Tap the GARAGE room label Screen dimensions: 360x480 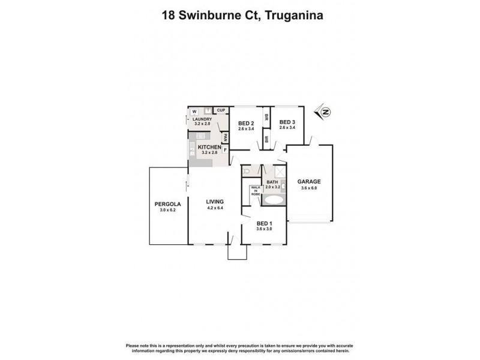pyautogui.click(x=309, y=181)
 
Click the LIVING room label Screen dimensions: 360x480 pyautogui.click(x=214, y=202)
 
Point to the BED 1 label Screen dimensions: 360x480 pyautogui.click(x=264, y=223)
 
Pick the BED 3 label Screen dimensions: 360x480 pyautogui.click(x=287, y=121)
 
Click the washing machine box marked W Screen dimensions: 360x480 pyautogui.click(x=194, y=112)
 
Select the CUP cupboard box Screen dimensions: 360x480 pyautogui.click(x=221, y=110)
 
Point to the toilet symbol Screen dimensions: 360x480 pyautogui.click(x=247, y=172)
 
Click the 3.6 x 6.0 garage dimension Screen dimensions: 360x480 pyautogui.click(x=309, y=188)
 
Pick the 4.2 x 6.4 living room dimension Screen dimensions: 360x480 pyautogui.click(x=214, y=208)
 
